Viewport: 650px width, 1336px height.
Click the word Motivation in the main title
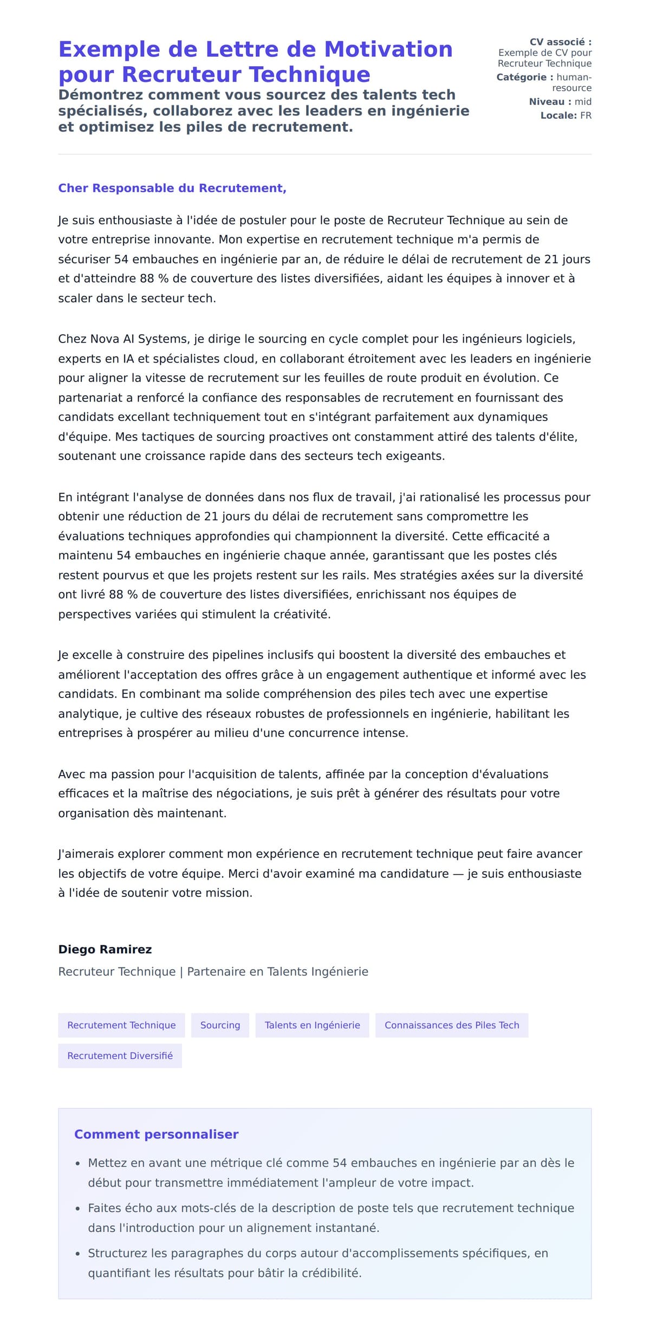388,49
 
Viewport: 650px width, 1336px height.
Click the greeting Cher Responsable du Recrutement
172,188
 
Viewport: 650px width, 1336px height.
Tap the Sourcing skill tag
220,1025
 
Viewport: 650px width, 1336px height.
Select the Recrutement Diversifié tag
120,1055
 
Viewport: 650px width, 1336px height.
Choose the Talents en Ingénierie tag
312,1025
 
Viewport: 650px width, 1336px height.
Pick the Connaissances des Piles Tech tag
452,1025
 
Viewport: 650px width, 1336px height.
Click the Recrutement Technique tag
121,1025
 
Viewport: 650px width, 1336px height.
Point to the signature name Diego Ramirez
105,949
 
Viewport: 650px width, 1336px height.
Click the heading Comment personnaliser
156,1134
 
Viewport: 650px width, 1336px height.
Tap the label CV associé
560,42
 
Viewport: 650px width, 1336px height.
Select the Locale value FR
586,115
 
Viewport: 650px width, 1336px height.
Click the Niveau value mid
583,101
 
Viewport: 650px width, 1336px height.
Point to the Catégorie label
524,77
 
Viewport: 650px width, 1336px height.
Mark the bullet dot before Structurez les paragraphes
78,1254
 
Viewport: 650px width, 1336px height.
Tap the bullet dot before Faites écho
78,1209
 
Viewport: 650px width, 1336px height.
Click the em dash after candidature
458,873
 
